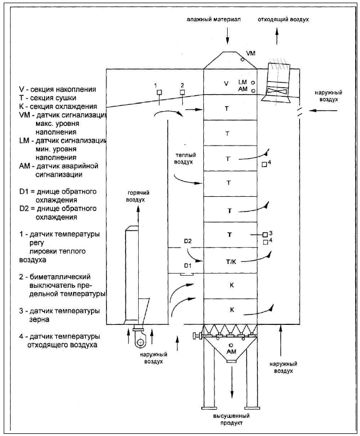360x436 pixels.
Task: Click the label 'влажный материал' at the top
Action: (214, 20)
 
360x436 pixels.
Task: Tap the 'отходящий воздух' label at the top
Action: (283, 20)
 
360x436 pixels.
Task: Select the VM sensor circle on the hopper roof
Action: (242, 59)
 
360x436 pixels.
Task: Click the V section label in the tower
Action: (227, 83)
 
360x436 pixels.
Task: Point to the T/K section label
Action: (231, 261)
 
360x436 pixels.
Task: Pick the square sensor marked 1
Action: (159, 92)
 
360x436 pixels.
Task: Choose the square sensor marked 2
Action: (182, 92)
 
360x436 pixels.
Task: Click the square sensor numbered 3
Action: (265, 235)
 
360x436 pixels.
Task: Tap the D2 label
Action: (188, 241)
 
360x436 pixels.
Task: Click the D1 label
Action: (188, 266)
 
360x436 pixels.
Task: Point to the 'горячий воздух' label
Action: (138, 196)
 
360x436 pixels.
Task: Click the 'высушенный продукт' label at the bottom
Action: (231, 419)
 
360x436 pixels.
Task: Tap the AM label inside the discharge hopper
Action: (231, 352)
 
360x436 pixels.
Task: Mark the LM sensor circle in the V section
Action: (253, 83)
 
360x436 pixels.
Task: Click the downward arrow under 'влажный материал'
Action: (228, 36)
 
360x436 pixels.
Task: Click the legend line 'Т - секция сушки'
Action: (48, 98)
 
